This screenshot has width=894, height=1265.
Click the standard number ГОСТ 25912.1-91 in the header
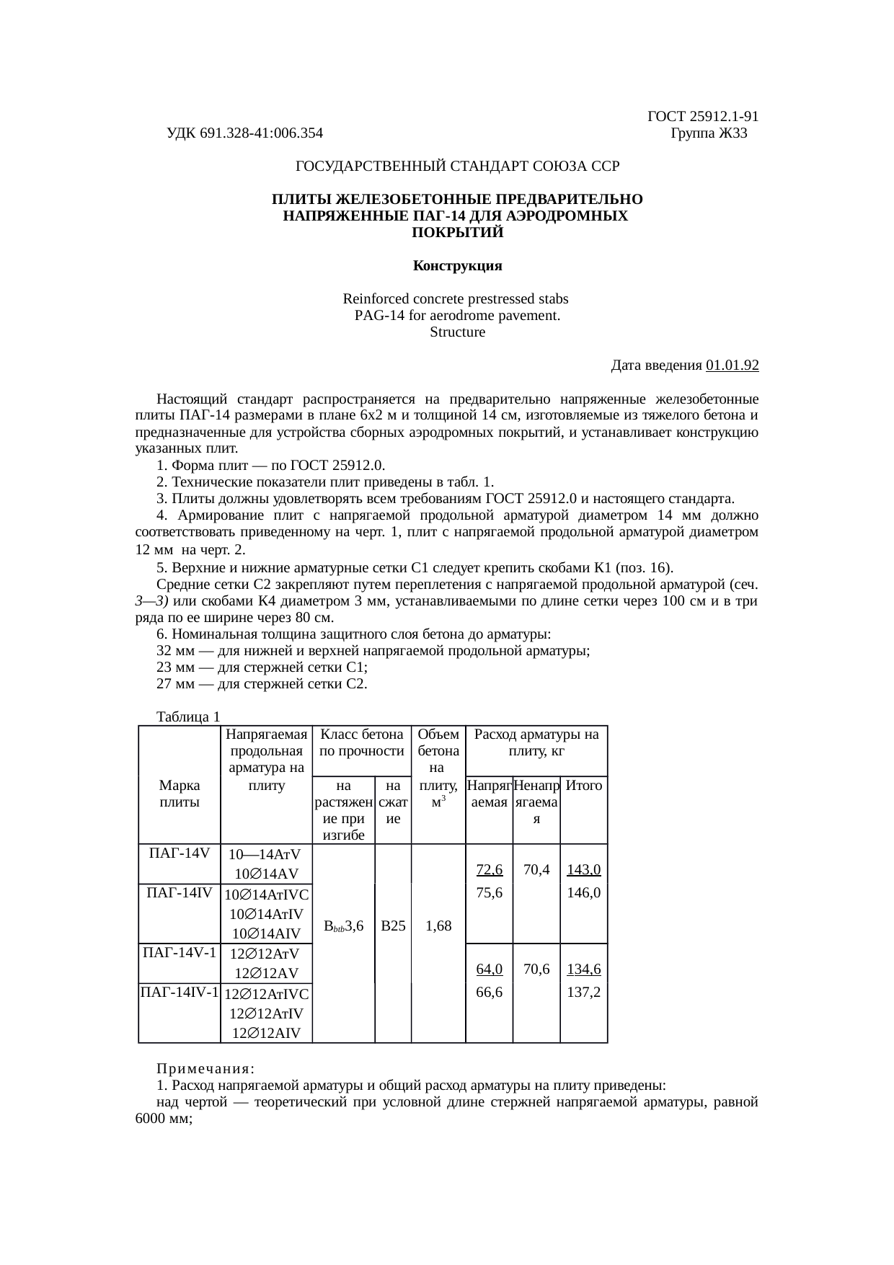pos(703,117)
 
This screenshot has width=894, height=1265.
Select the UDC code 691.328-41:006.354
pos(244,133)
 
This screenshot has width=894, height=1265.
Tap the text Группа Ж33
pos(709,133)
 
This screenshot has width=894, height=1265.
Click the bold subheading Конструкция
pos(457,266)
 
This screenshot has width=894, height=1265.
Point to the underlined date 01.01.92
pos(733,365)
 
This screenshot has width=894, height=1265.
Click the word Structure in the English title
pos(457,332)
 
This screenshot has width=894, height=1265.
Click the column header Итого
pos(584,786)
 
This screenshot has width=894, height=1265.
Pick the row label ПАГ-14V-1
pos(180,952)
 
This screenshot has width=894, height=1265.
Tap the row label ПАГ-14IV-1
pos(180,993)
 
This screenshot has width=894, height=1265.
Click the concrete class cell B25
pos(393,926)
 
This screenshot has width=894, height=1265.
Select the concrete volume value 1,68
pos(438,926)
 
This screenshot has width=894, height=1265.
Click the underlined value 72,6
pos(490,870)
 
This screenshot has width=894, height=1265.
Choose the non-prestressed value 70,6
pos(536,969)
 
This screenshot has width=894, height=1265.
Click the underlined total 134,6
pos(584,969)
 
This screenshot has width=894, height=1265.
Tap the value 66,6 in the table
pos(490,992)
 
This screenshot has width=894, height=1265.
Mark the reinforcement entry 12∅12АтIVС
pos(267,995)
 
